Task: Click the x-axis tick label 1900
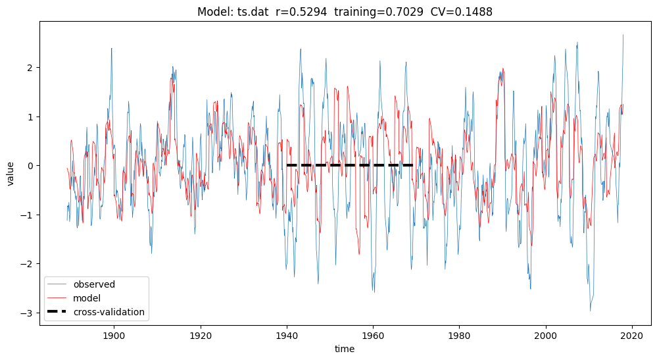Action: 114,336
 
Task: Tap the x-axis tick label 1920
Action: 201,336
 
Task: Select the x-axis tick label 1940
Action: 287,336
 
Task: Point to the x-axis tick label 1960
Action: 373,336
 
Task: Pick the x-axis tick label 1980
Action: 459,336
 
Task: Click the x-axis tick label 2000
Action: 546,336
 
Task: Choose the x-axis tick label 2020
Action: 632,336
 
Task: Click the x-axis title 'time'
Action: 345,349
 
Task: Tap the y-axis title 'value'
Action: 10,174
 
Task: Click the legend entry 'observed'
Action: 94,284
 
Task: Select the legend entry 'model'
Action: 87,298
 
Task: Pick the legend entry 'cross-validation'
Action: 109,312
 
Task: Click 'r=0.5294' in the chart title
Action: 301,12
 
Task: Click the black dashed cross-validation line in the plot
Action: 350,165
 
